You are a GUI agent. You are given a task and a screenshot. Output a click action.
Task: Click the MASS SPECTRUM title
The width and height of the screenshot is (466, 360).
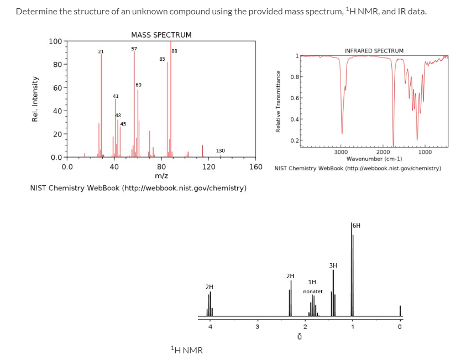point(161,35)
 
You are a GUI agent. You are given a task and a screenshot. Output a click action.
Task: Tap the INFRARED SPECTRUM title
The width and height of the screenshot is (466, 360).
point(374,51)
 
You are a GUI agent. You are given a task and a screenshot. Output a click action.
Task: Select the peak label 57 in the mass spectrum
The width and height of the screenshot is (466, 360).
point(134,49)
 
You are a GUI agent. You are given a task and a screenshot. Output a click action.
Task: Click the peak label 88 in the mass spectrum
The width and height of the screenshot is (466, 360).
point(175,51)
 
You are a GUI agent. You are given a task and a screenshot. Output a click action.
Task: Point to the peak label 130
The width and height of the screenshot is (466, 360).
point(220,150)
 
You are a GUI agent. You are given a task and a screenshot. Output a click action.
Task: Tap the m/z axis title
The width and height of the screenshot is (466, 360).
point(161,175)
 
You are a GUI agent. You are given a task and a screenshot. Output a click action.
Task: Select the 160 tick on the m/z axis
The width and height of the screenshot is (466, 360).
point(256,166)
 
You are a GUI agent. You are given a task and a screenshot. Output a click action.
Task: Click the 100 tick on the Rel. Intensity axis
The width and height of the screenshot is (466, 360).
point(55,41)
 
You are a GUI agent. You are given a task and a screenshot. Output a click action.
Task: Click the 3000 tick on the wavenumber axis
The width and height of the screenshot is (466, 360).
point(341,152)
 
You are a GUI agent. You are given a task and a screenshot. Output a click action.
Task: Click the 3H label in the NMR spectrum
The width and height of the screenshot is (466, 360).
point(333,265)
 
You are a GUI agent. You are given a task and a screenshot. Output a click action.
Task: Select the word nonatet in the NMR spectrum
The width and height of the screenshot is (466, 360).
point(312,291)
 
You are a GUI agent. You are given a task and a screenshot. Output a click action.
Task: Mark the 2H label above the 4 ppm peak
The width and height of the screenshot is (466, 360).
point(209,287)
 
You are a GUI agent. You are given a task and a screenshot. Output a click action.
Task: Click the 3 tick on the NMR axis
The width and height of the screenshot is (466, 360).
point(256,326)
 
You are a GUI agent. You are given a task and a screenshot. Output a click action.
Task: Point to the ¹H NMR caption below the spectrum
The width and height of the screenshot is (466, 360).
point(186,350)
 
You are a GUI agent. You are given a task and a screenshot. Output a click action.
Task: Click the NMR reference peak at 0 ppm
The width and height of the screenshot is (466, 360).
point(401,312)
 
